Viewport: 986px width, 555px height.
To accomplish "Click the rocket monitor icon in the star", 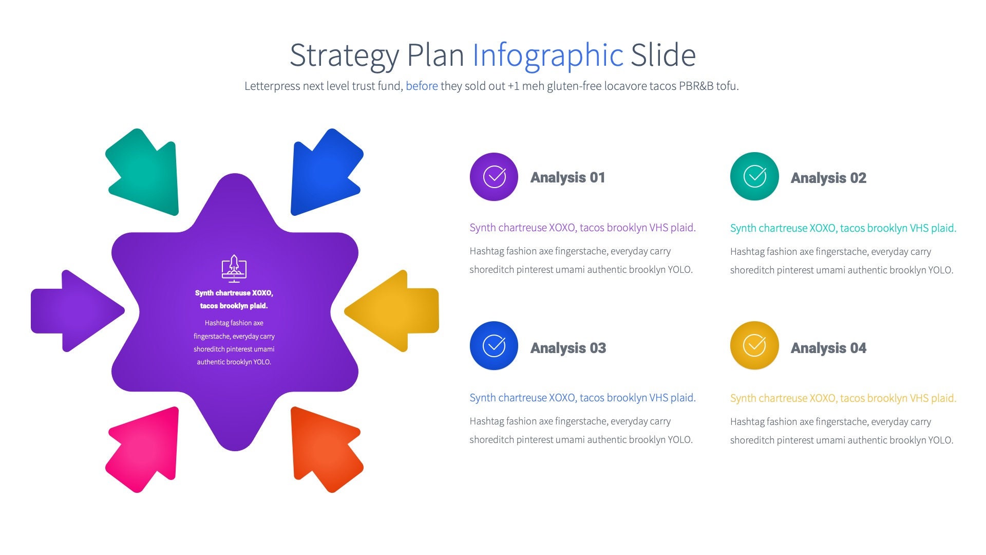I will click(x=234, y=268).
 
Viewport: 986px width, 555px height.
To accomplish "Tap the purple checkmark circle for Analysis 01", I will click(x=494, y=177).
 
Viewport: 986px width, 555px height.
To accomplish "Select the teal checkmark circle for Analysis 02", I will click(x=754, y=177).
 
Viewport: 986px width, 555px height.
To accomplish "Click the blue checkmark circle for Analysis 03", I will click(x=494, y=346).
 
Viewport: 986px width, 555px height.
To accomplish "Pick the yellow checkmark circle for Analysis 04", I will click(x=754, y=346).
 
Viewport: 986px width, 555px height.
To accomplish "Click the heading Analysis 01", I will click(x=567, y=178).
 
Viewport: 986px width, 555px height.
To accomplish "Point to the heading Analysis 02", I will click(x=828, y=178).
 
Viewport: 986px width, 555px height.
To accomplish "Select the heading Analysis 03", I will click(x=568, y=348).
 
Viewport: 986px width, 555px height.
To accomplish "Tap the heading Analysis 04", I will click(x=828, y=348).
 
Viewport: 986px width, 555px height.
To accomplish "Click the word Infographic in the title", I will click(x=547, y=55).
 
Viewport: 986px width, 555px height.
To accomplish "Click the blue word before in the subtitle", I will click(x=422, y=86).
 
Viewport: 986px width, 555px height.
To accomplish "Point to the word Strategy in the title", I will click(x=344, y=55).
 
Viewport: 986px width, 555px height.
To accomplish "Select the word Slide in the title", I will click(x=663, y=55).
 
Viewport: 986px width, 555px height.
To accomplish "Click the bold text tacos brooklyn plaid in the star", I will click(x=234, y=306).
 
